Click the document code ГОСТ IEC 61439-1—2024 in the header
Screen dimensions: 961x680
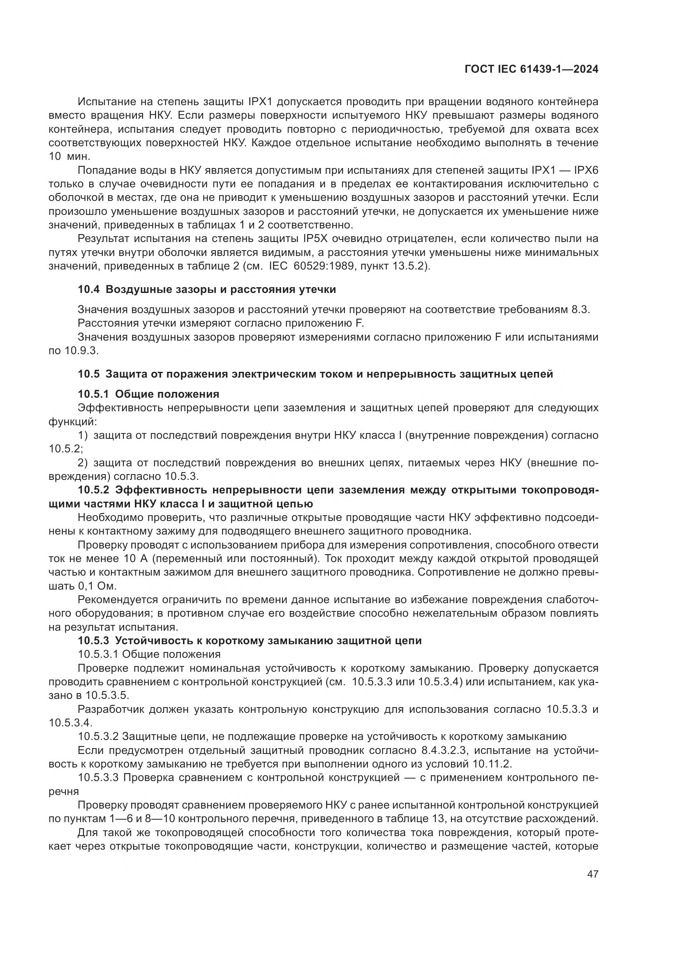coord(531,69)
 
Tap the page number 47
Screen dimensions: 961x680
coord(592,874)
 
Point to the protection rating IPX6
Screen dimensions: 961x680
coord(586,171)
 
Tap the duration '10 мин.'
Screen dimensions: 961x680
coord(69,157)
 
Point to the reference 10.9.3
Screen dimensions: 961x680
coord(82,351)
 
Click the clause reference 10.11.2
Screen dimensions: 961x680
coord(492,764)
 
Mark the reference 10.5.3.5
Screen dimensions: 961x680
coord(107,695)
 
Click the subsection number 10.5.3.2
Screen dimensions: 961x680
coord(98,736)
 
